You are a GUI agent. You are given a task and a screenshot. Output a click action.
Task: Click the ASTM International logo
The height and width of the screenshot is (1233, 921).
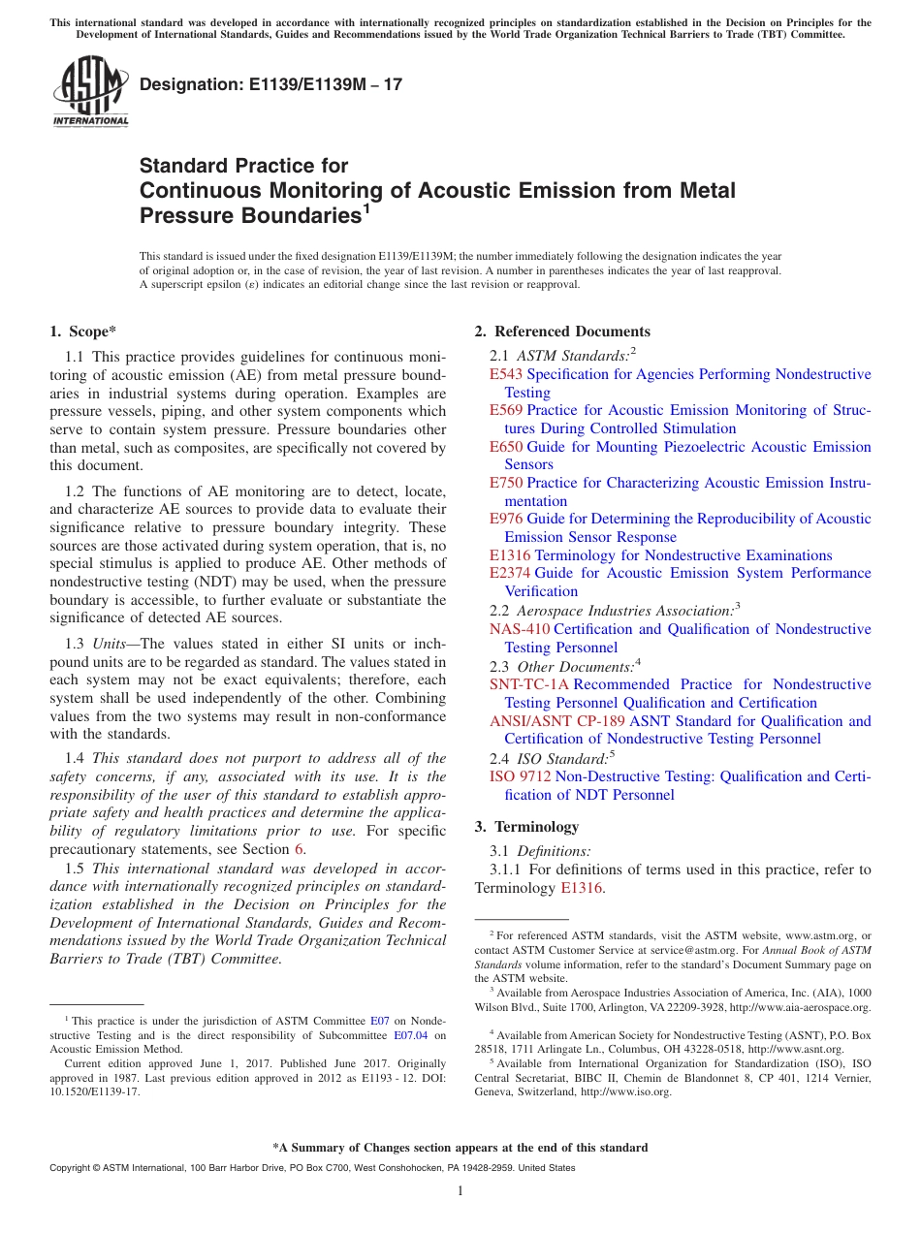[x=90, y=92]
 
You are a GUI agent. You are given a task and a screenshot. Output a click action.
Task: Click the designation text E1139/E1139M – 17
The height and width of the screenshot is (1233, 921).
[x=270, y=85]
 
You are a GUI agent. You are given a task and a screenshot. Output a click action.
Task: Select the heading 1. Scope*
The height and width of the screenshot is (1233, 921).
[x=84, y=332]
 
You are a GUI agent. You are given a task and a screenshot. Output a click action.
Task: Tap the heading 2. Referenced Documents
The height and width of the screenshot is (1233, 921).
[x=562, y=332]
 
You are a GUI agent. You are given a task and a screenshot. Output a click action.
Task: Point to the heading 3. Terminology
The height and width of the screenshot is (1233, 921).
[x=526, y=827]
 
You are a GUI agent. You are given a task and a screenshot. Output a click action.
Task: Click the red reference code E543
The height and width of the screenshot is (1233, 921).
[x=506, y=374]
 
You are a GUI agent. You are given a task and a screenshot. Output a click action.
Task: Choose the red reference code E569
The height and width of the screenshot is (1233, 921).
[x=506, y=410]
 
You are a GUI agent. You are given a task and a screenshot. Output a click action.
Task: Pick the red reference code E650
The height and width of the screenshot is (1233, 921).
[x=506, y=447]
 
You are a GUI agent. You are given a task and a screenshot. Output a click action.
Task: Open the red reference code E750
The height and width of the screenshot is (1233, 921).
[x=506, y=483]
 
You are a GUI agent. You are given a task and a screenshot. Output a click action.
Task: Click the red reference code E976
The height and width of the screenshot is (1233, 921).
[x=506, y=519]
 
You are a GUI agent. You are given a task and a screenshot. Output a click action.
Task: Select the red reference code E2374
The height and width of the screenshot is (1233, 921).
[x=510, y=573]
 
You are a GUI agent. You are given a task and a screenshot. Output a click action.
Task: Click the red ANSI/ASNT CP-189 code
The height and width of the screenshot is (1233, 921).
[x=557, y=721]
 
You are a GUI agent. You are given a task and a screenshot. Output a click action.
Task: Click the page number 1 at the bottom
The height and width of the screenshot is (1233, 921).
[x=460, y=1191]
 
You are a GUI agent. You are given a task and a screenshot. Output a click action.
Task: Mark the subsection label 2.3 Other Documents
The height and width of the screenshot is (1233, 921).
[x=562, y=667]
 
